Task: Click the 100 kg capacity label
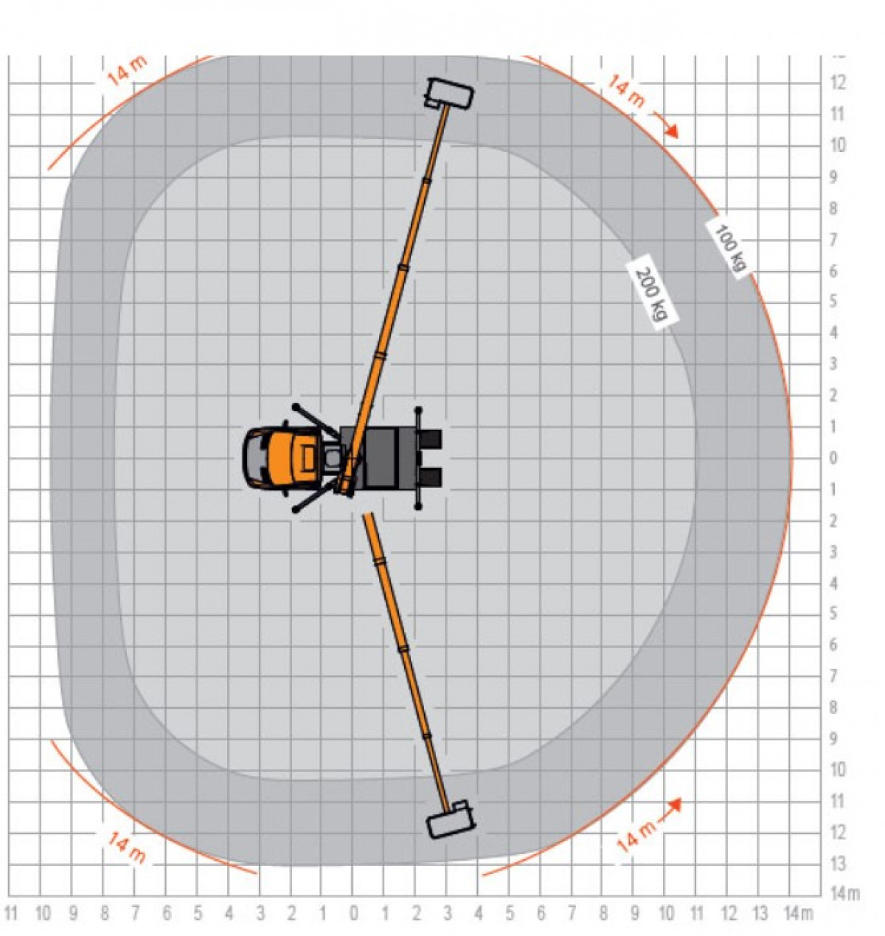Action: pos(731,248)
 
